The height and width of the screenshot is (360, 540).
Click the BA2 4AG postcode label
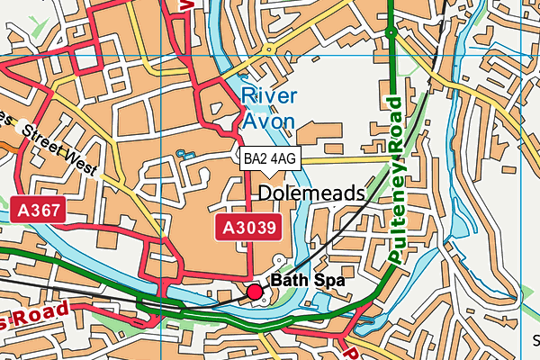(269, 158)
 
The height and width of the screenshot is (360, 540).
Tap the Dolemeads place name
(310, 193)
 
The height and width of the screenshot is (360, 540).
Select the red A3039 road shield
(247, 226)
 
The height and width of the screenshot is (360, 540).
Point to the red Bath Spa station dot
(255, 291)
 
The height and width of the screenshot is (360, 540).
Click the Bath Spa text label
(308, 281)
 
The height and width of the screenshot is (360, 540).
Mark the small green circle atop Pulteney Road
(391, 32)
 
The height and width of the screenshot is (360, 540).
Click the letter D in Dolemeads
(265, 193)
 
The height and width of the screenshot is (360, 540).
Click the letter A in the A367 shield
(23, 211)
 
